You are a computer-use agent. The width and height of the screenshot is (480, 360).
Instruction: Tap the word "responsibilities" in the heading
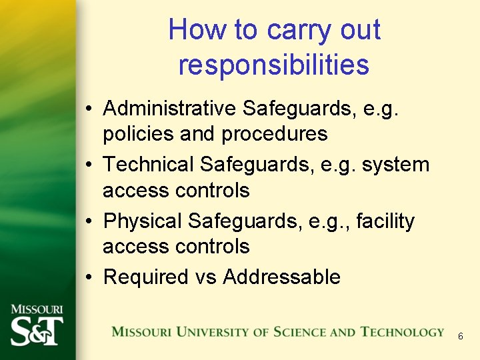pos(273,65)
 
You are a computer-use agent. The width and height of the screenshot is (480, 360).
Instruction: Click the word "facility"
pos(385,221)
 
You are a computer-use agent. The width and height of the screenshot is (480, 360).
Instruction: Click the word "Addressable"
pos(281,277)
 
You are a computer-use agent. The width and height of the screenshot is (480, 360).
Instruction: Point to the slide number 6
pos(460,337)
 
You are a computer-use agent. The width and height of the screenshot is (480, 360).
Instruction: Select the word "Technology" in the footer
pos(403,332)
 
